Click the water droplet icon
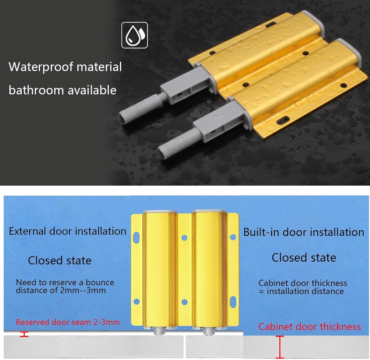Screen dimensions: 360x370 click(x=135, y=35)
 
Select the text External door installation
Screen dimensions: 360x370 click(x=68, y=231)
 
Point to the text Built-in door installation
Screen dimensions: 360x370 click(x=304, y=232)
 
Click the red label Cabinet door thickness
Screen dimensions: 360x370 click(x=309, y=327)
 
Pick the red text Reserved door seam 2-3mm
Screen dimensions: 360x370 click(x=68, y=322)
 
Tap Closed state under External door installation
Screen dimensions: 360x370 click(x=60, y=260)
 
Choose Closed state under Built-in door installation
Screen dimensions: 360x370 click(x=304, y=258)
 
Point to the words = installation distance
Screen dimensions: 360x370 click(x=301, y=291)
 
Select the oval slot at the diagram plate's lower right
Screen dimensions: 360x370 click(x=233, y=301)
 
